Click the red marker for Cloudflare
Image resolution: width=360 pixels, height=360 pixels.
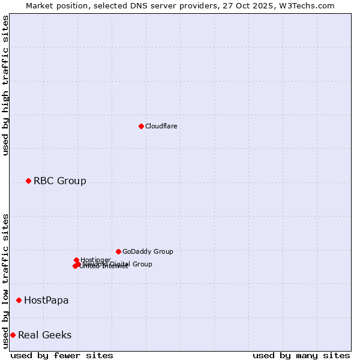141,126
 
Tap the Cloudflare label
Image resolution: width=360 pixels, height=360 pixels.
161,126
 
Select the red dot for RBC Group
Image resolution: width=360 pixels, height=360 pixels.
28,181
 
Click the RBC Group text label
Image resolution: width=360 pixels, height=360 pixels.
59,181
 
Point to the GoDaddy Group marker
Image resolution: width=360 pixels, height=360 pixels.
118,251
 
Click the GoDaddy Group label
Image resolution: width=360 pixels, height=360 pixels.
148,251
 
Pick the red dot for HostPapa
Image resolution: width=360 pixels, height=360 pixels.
19,300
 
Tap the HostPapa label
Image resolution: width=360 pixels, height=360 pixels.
46,300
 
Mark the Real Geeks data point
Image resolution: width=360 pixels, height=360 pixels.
13,335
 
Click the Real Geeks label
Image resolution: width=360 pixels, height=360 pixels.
44,335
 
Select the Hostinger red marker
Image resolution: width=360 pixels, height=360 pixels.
76,260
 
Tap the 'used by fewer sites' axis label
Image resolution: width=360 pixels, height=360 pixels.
62,355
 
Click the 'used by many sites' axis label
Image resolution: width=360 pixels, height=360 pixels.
301,355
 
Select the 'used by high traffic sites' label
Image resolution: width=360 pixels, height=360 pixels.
5,85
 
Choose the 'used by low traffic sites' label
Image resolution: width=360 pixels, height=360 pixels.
5,280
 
